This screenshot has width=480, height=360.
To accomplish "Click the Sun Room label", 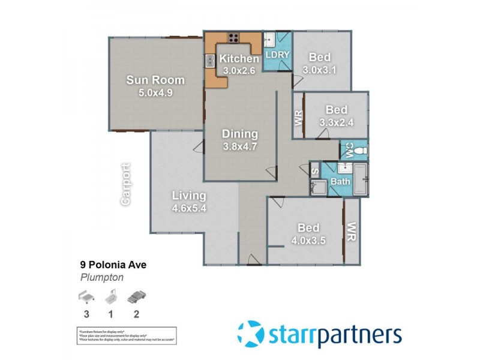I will [x=155, y=80].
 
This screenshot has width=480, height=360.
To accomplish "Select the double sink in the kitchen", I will [x=210, y=60].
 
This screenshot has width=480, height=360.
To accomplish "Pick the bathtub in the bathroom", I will [x=361, y=180].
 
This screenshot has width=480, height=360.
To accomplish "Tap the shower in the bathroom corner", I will [x=317, y=188].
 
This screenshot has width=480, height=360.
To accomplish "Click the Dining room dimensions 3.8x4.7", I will [x=240, y=146].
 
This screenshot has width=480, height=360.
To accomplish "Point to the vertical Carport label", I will [x=125, y=184].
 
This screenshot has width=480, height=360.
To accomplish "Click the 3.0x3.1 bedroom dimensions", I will [x=320, y=69].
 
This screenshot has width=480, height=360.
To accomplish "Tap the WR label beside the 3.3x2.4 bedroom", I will [x=298, y=118].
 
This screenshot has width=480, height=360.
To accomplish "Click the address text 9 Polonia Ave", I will [x=113, y=264].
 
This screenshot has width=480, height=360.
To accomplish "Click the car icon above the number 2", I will [x=137, y=296].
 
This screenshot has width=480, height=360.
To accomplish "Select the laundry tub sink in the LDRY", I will [x=269, y=40].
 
